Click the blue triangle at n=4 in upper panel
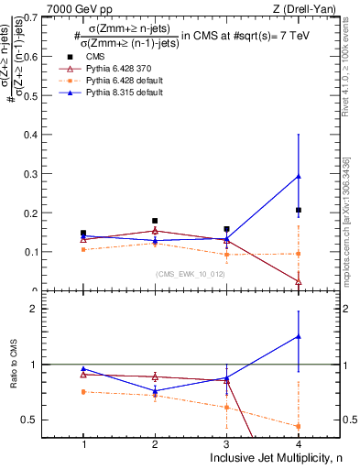pyautogui.click(x=299, y=177)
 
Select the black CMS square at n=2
pyautogui.click(x=155, y=221)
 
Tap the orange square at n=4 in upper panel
pyautogui.click(x=299, y=254)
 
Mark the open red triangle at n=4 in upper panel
pyautogui.click(x=299, y=281)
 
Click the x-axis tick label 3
pyautogui.click(x=227, y=443)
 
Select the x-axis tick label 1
pyautogui.click(x=83, y=443)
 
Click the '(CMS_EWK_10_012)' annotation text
pyautogui.click(x=190, y=273)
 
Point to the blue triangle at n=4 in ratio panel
pyautogui.click(x=299, y=336)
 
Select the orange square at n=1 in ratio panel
pyautogui.click(x=83, y=392)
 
